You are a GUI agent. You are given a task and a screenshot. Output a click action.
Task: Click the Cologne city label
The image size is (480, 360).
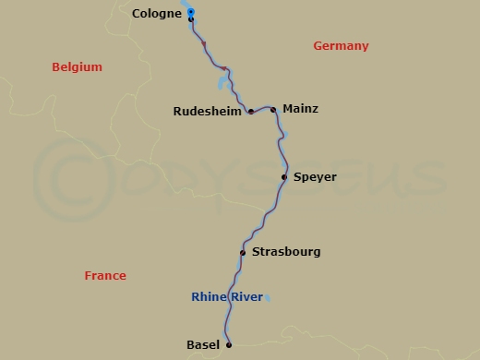(156, 13)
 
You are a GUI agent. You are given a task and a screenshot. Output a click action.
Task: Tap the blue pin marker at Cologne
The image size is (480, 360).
(190, 11)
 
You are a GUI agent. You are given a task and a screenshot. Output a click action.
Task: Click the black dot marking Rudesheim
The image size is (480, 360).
(251, 112)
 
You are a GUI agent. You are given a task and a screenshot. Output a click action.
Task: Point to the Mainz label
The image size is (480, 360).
(300, 109)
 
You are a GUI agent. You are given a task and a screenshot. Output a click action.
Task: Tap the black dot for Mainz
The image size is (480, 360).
(273, 109)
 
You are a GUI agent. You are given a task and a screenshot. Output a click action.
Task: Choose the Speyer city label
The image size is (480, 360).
(315, 176)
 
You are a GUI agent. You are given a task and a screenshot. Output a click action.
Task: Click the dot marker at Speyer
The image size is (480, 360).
(284, 176)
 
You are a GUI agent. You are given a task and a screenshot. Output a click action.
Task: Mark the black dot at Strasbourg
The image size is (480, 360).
(242, 252)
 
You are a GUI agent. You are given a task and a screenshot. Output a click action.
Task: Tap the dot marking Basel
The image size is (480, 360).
(229, 344)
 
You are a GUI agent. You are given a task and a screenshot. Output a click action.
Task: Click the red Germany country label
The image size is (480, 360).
(341, 46)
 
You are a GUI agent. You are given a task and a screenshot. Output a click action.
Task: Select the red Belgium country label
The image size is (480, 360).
(77, 67)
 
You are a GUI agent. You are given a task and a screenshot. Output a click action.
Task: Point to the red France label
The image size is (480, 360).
(104, 276)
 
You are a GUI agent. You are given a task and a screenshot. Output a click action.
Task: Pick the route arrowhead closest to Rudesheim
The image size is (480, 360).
(224, 67)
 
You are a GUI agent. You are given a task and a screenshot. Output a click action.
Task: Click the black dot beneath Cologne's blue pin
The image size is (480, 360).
(190, 19)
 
